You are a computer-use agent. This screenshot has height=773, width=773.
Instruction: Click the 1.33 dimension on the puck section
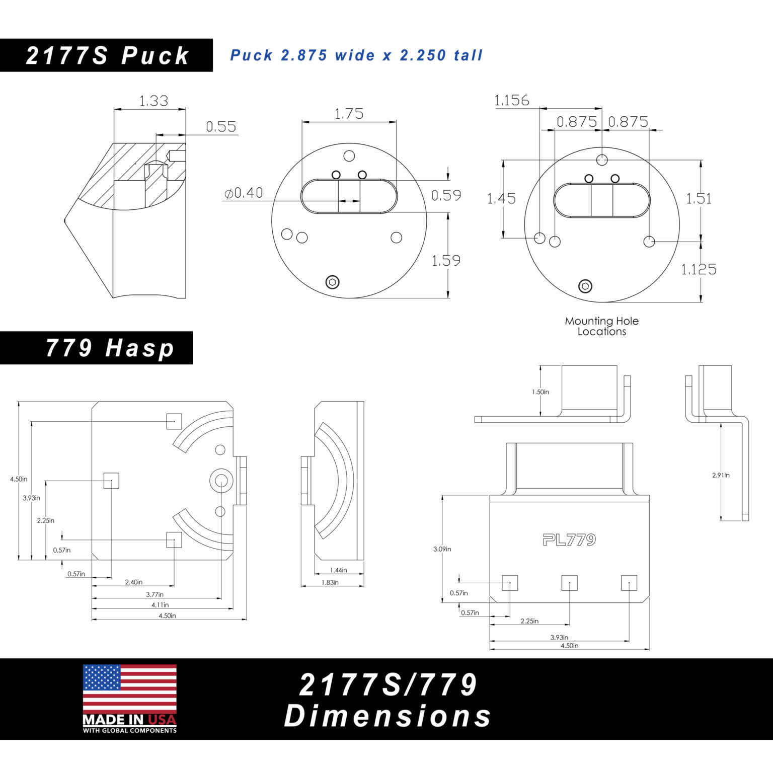click(153, 101)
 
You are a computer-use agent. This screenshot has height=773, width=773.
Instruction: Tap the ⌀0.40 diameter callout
click(244, 193)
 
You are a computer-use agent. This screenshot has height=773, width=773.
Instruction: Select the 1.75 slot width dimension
click(349, 114)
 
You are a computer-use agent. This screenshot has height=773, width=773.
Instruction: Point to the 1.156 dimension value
click(512, 101)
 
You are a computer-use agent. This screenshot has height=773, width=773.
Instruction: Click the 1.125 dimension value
click(699, 270)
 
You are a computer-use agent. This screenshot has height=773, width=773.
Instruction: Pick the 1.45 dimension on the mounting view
click(501, 199)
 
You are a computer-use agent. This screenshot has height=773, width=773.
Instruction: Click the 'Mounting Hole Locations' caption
click(602, 326)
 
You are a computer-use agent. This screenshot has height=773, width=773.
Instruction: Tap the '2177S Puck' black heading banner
click(106, 55)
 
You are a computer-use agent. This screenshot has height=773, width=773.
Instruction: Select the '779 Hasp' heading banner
click(96, 348)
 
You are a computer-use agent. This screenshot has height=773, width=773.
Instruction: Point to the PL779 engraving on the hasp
click(569, 540)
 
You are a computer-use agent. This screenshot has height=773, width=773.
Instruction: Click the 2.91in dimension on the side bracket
click(721, 475)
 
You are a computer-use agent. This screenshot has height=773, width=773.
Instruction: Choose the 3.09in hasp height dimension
click(442, 549)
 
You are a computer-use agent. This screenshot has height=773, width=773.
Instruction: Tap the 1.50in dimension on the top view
click(540, 392)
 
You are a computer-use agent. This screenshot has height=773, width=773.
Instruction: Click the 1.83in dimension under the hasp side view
click(330, 582)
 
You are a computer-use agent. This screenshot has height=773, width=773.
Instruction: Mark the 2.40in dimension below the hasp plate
click(134, 582)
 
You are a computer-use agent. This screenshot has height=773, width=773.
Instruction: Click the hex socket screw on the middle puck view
click(332, 282)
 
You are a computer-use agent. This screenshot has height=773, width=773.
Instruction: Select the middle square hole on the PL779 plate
click(569, 583)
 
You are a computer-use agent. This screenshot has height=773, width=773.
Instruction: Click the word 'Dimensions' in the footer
click(388, 716)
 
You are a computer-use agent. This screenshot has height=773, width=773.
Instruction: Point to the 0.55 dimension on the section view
click(221, 127)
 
